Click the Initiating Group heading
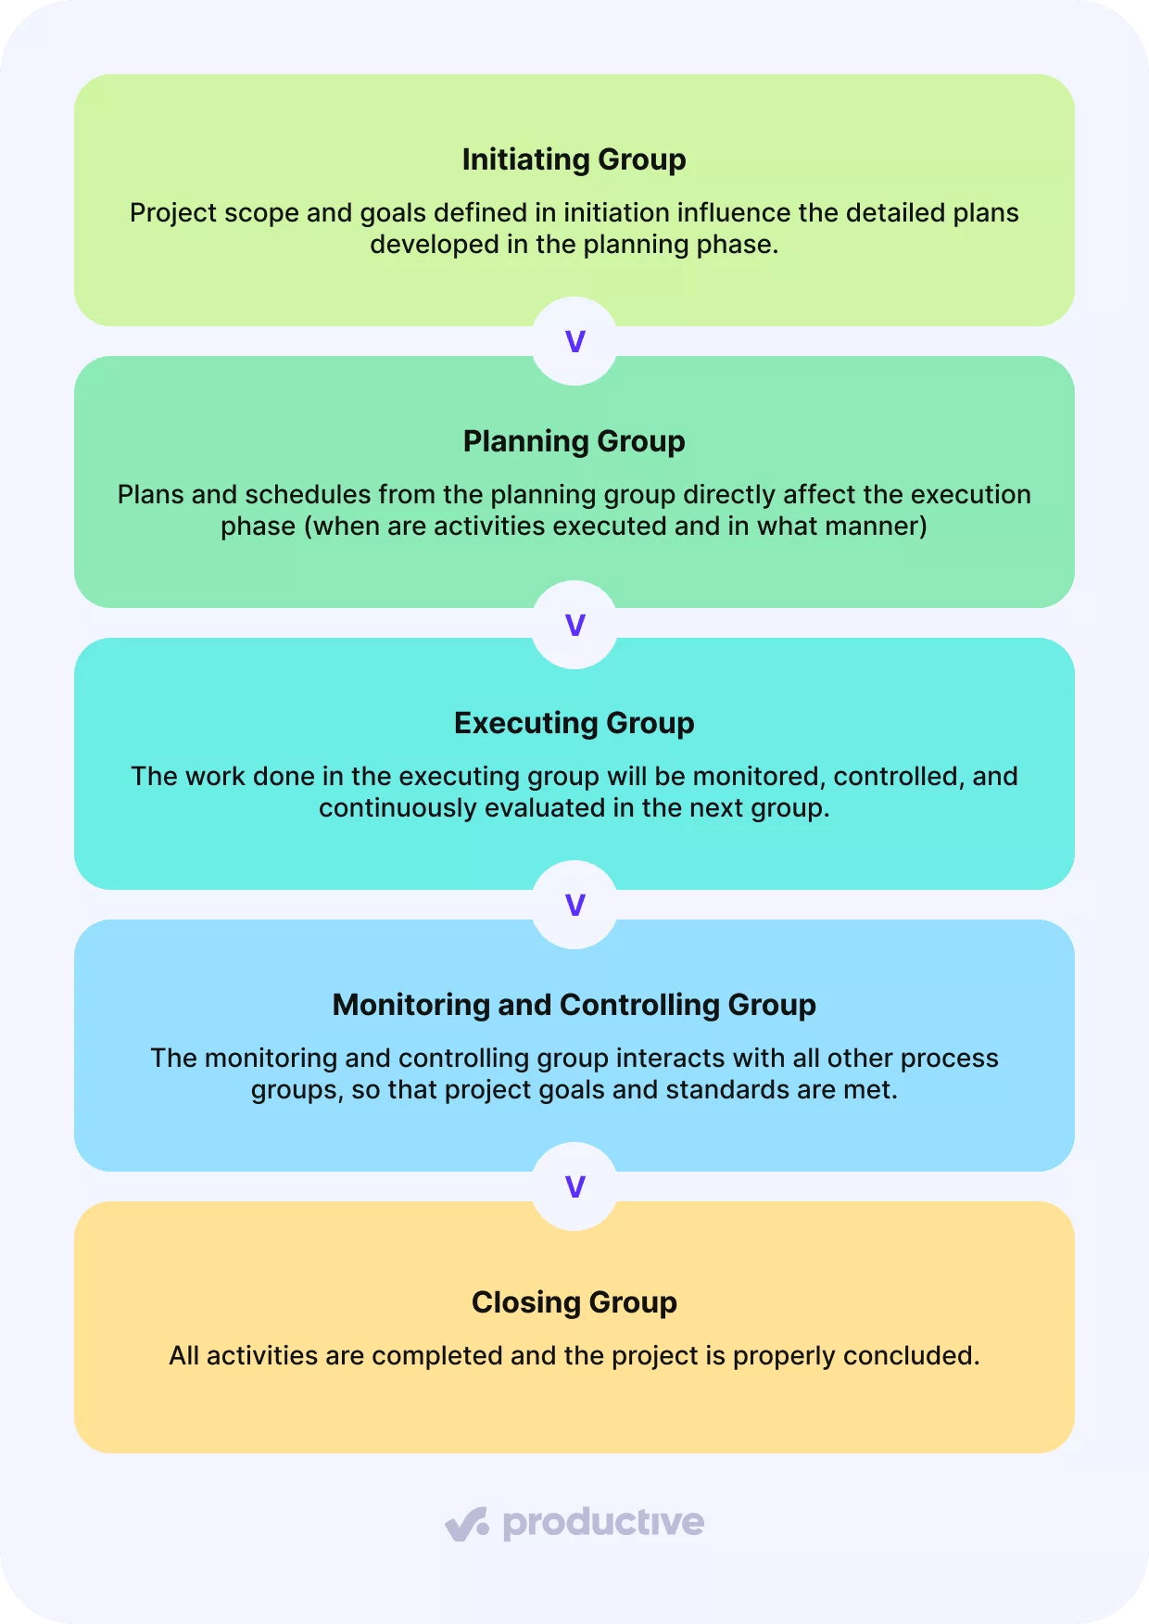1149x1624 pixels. (574, 159)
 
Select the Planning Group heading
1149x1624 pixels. (574, 441)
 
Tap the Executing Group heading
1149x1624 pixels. (574, 723)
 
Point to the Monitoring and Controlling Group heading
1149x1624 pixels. (574, 1005)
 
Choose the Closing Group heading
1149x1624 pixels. (574, 1302)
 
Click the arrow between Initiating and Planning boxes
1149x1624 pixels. (574, 341)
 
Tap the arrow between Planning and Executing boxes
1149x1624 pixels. (574, 625)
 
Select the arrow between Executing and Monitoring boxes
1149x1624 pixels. (574, 905)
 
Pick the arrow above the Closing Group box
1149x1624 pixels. (574, 1186)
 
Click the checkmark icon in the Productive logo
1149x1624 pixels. (466, 1523)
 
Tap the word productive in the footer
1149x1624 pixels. (603, 1523)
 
